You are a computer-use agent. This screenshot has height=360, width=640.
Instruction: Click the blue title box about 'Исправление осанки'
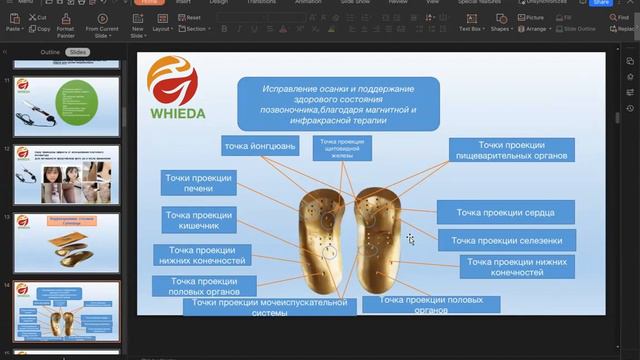339,102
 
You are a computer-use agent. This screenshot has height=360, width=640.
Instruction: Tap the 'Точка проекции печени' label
199,183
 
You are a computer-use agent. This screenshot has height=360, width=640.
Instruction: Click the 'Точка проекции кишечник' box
199,220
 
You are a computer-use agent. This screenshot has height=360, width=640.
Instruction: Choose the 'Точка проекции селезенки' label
506,241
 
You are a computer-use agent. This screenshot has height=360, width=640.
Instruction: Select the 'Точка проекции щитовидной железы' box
342,148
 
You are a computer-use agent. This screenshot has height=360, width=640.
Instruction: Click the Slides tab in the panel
78,51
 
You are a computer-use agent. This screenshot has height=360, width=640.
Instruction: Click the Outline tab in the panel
49,51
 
